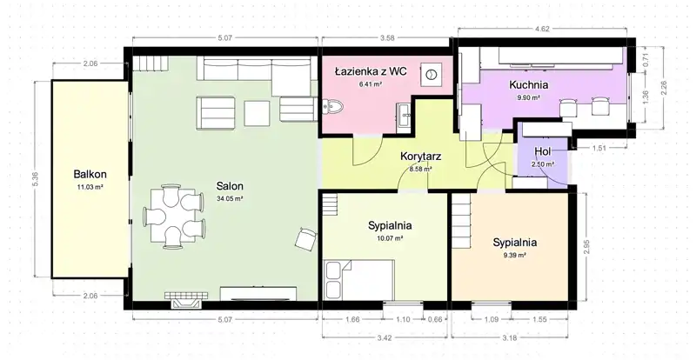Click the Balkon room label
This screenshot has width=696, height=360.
(90, 175)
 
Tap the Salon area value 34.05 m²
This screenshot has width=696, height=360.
(230, 199)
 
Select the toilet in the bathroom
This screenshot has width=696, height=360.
(333, 107)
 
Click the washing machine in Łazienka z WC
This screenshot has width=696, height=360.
(431, 75)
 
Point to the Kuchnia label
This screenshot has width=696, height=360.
(528, 84)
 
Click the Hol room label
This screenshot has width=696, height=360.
(542, 151)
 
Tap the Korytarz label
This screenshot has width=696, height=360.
(420, 157)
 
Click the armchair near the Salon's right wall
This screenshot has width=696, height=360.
(305, 238)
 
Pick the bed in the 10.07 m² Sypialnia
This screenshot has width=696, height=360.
(359, 280)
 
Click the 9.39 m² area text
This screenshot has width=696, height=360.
(515, 256)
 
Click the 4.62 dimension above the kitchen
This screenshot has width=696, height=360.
(542, 30)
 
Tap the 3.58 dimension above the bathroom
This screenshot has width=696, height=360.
(387, 38)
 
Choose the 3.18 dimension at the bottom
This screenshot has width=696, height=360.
(511, 337)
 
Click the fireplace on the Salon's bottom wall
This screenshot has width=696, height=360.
(186, 300)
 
